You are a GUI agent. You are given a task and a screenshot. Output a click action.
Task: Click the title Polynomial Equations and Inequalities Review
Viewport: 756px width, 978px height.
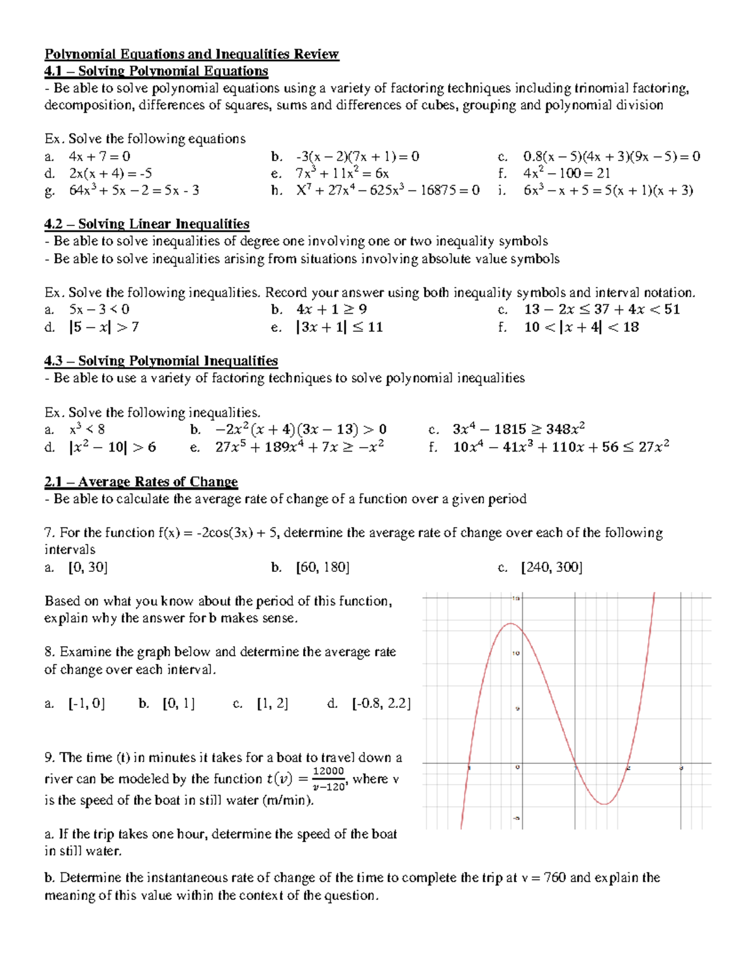[x=192, y=54]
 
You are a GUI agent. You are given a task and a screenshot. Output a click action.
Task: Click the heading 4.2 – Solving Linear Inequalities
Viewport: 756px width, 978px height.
[x=147, y=224]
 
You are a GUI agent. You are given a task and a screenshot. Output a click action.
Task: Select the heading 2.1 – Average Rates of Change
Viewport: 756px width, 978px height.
[x=141, y=482]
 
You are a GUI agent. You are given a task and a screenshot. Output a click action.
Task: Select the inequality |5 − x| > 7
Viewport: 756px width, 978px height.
[x=104, y=327]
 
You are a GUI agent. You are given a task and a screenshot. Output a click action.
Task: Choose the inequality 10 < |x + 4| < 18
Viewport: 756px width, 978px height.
[x=581, y=327]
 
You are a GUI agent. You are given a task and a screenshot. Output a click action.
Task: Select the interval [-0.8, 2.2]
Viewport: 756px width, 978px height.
[x=381, y=703]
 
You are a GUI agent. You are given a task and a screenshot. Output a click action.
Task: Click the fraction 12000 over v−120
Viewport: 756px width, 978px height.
[x=329, y=779]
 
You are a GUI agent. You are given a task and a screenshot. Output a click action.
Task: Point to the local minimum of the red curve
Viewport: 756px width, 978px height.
[x=604, y=804]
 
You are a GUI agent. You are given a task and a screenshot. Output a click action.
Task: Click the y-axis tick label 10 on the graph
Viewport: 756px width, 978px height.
[x=516, y=653]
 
